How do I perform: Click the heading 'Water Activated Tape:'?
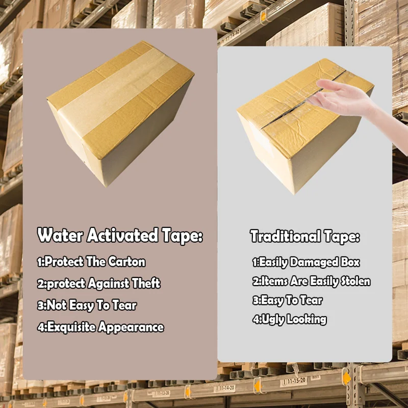pyautogui.click(x=120, y=236)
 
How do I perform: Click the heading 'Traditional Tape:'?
pyautogui.click(x=304, y=237)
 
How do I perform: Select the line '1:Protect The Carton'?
pyautogui.click(x=91, y=262)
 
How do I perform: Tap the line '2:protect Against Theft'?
pyautogui.click(x=98, y=284)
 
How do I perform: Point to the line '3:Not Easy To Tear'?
pyautogui.click(x=87, y=305)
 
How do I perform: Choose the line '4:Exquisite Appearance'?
pyautogui.click(x=100, y=327)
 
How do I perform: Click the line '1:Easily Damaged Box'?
pyautogui.click(x=305, y=263)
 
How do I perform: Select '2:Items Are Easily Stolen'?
pyautogui.click(x=311, y=281)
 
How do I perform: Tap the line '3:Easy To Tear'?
pyautogui.click(x=287, y=300)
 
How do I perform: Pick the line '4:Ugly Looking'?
pyautogui.click(x=289, y=320)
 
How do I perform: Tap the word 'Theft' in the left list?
pyautogui.click(x=146, y=284)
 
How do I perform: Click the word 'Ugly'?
pyautogui.click(x=272, y=320)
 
